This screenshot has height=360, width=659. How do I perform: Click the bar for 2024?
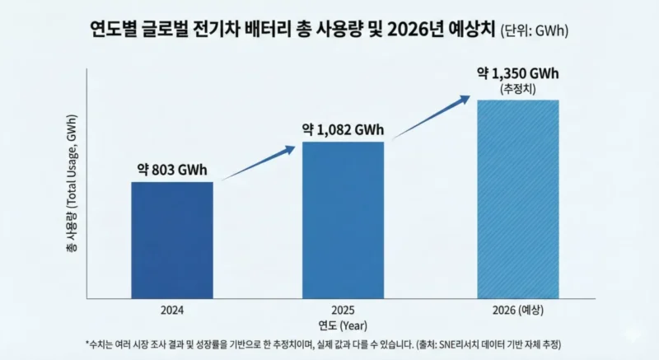coord(172,240)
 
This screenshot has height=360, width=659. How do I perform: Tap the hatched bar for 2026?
coord(518,199)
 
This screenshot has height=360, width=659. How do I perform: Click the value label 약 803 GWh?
coord(172,171)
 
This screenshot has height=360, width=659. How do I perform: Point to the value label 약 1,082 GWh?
coord(343,130)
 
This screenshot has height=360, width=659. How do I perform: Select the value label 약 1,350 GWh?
coord(518,74)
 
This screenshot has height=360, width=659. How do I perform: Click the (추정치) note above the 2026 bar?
coord(518,88)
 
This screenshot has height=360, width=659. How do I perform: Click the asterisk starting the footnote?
coord(86,341)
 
